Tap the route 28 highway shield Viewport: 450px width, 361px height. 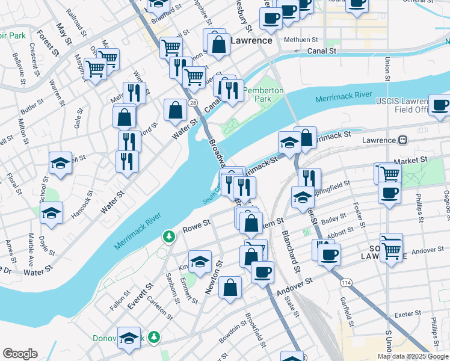click(193, 103)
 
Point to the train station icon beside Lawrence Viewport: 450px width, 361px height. click(403, 140)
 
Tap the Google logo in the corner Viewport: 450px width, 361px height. click(20, 354)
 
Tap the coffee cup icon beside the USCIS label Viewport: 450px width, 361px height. click(439, 105)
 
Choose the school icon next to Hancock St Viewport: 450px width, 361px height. click(52, 212)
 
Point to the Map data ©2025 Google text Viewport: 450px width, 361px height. click(412, 356)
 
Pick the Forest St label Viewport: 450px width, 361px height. click(49, 43)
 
